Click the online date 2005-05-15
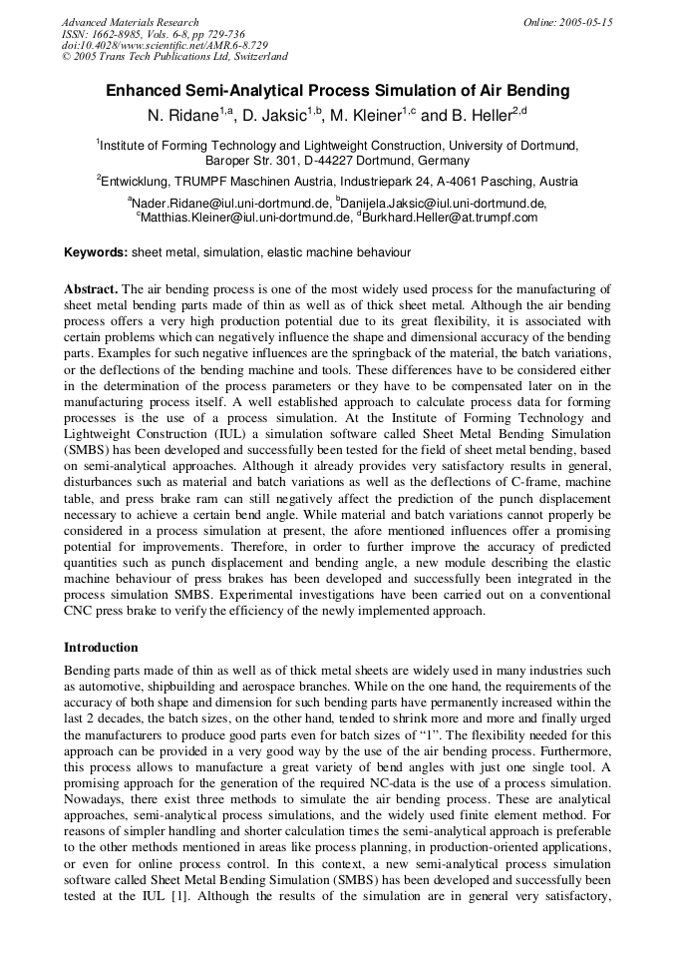point(581,22)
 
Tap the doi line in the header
point(165,46)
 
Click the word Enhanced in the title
point(150,91)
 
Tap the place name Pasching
point(491,182)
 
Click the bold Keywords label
point(96,253)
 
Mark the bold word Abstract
point(91,289)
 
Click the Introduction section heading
point(101,648)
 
